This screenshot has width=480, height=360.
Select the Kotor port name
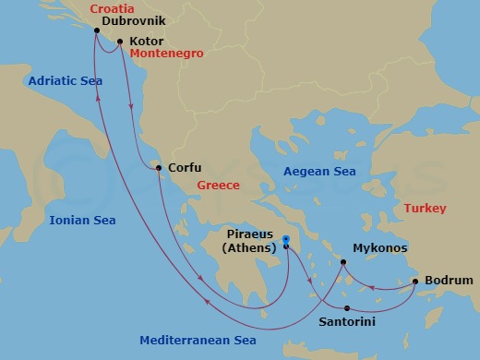tap(146, 42)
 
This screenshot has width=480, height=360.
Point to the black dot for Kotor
tap(120, 42)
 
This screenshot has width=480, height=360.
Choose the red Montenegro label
tap(166, 54)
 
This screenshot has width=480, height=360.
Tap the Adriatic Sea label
tap(65, 81)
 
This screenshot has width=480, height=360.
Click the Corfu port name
tap(183, 168)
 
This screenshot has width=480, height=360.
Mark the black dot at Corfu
tap(159, 168)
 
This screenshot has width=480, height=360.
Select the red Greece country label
tap(218, 186)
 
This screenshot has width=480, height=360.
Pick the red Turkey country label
tap(424, 210)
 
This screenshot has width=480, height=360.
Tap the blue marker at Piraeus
tap(286, 241)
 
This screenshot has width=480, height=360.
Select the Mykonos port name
tap(379, 248)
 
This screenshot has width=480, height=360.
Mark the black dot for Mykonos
tap(344, 263)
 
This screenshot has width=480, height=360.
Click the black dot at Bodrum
tap(415, 281)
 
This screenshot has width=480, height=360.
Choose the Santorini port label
tap(349, 323)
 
